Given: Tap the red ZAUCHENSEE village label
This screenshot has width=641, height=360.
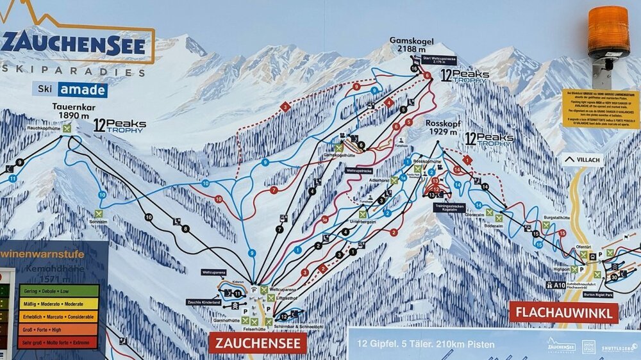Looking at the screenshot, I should tap(257, 343).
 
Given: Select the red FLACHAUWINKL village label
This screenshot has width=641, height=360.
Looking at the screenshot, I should tap(563, 313).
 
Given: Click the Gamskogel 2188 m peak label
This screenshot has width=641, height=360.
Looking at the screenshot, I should tap(412, 45).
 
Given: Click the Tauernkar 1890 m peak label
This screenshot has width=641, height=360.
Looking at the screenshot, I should tap(71, 111).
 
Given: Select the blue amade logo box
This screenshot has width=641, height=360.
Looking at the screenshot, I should tap(83, 90).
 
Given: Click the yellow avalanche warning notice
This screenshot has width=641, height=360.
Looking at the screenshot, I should tap(601, 109).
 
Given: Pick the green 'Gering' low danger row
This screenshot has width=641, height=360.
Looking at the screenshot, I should tap(58, 291).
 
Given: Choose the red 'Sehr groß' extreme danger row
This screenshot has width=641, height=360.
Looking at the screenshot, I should tap(58, 342).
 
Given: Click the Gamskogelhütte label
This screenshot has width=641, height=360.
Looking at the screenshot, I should tap(339, 156).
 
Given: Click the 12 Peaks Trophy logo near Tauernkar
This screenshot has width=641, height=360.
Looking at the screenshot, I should tap(119, 125).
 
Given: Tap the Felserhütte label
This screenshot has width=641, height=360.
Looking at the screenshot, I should tap(254, 329).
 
